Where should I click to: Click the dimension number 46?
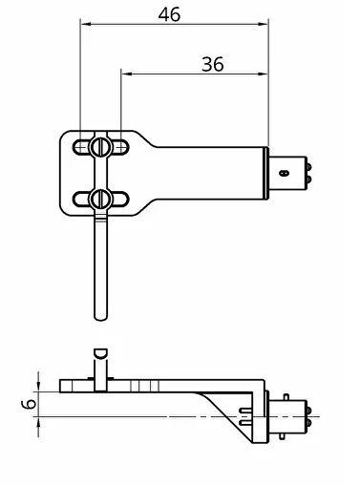coord(169,14)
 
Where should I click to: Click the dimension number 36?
coord(213,64)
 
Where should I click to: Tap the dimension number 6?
coord(30,404)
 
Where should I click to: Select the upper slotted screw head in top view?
coord(101,147)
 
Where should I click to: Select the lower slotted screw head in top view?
coord(101,200)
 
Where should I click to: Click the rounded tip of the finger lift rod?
coord(101,317)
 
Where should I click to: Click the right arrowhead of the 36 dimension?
coord(263,74)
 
